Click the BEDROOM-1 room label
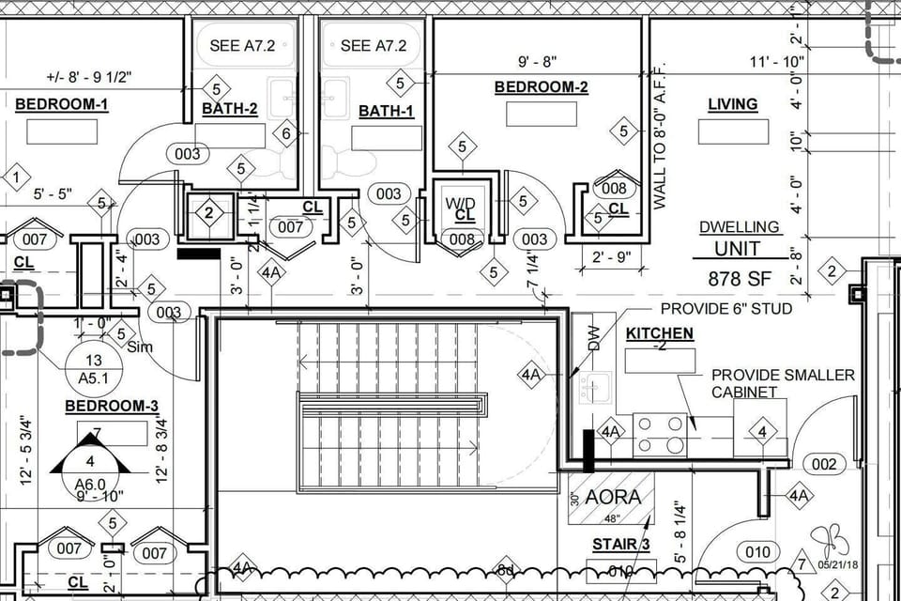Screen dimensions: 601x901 pos(61,104)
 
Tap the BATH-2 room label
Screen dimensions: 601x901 pos(229,109)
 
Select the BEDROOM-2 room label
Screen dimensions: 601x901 pos(541,87)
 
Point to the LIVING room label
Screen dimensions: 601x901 pos(732,104)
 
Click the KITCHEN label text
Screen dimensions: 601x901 pos(660,333)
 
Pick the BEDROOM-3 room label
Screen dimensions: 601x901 pos(111,406)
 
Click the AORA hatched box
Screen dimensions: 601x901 pos(612,498)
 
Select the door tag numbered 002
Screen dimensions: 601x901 pos(823,464)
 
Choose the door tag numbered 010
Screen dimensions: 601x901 pos(757,550)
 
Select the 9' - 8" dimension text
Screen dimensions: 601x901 pos(538,62)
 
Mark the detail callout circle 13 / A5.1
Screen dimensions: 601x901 pos(93,370)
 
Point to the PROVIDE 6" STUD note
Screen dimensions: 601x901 pos(725,309)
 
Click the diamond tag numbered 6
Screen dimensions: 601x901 pos(287,133)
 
